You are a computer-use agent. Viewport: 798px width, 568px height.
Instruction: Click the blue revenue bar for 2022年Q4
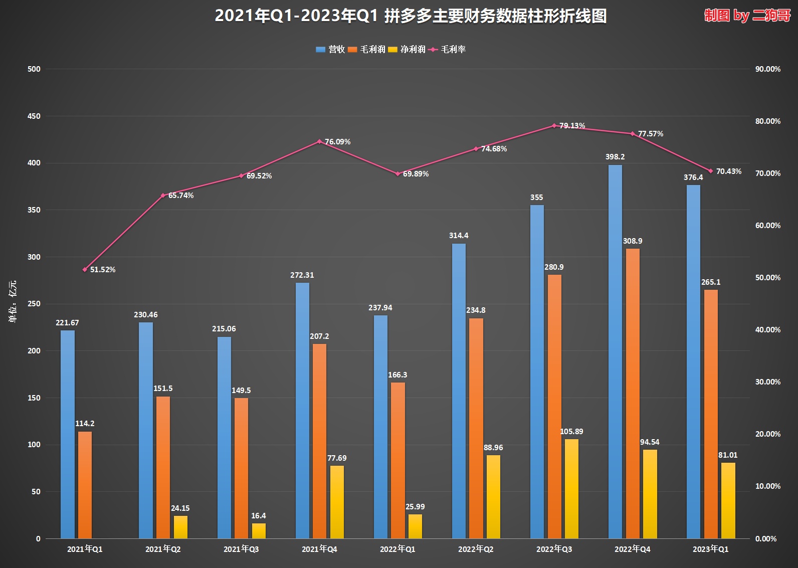[x=615, y=351]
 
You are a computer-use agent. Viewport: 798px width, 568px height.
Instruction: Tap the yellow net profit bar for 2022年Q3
[x=571, y=489]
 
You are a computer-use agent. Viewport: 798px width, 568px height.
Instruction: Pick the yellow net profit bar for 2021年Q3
[x=259, y=531]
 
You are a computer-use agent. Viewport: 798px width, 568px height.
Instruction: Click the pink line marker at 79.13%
[x=554, y=126]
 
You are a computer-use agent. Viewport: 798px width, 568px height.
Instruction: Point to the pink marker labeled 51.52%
[x=85, y=270]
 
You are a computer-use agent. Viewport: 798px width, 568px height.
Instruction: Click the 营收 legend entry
[x=331, y=49]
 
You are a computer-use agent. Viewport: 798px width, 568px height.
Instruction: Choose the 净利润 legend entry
[x=407, y=49]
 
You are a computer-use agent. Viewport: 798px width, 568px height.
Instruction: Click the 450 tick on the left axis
[x=34, y=116]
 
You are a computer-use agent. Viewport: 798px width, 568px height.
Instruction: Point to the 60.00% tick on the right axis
[x=767, y=226]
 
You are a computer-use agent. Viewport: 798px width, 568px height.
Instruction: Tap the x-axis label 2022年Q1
[x=397, y=549]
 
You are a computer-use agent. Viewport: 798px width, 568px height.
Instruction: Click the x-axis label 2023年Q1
[x=710, y=549]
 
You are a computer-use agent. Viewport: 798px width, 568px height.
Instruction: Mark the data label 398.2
[x=615, y=157]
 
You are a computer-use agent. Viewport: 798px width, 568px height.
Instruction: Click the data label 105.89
[x=571, y=432]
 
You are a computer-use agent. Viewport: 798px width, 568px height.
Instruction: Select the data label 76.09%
[x=337, y=142]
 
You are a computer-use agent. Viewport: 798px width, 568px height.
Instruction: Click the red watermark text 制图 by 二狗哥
[x=747, y=16]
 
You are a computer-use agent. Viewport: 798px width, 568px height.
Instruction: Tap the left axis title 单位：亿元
[x=13, y=301]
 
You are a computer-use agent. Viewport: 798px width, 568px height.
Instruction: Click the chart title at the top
[x=411, y=16]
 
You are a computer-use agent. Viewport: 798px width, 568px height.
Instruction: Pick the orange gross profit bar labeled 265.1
[x=711, y=414]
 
